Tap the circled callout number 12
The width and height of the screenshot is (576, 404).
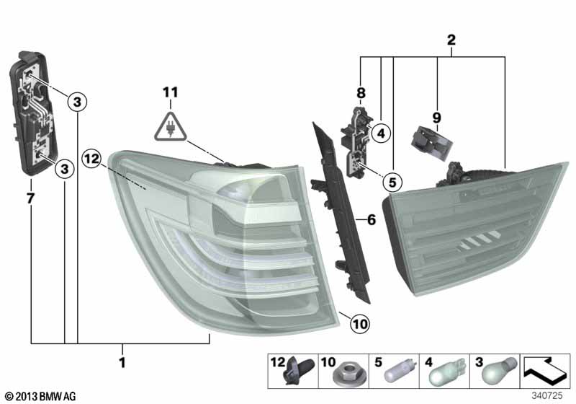coord(91,159)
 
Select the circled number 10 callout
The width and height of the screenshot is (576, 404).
coord(359,324)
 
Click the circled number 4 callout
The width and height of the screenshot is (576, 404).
coord(381,133)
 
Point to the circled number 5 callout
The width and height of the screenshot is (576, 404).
coord(392,183)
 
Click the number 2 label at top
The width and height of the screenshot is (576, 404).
coord(451,40)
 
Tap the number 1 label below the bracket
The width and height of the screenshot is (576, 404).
coord(122,362)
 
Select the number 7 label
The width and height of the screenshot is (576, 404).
coord(30,198)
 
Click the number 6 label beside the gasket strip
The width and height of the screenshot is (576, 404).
coord(372,220)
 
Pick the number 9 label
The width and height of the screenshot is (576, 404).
coord(436,118)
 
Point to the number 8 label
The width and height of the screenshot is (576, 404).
coord(361,94)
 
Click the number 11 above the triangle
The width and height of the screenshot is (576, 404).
coord(171,92)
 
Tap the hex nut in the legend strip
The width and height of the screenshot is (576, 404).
coord(343,375)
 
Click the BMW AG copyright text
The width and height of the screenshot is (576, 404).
coord(41,397)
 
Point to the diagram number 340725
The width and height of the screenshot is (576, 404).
coord(547,396)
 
